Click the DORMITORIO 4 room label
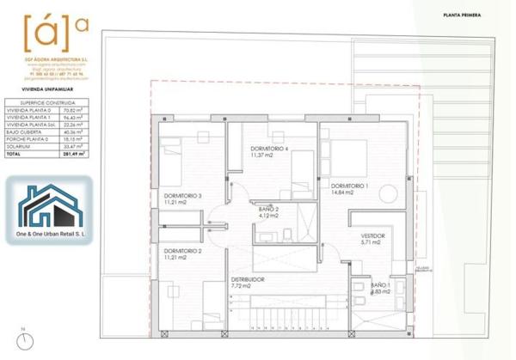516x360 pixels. [267, 148]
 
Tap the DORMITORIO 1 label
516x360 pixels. [349, 186]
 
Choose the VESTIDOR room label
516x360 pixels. [372, 235]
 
